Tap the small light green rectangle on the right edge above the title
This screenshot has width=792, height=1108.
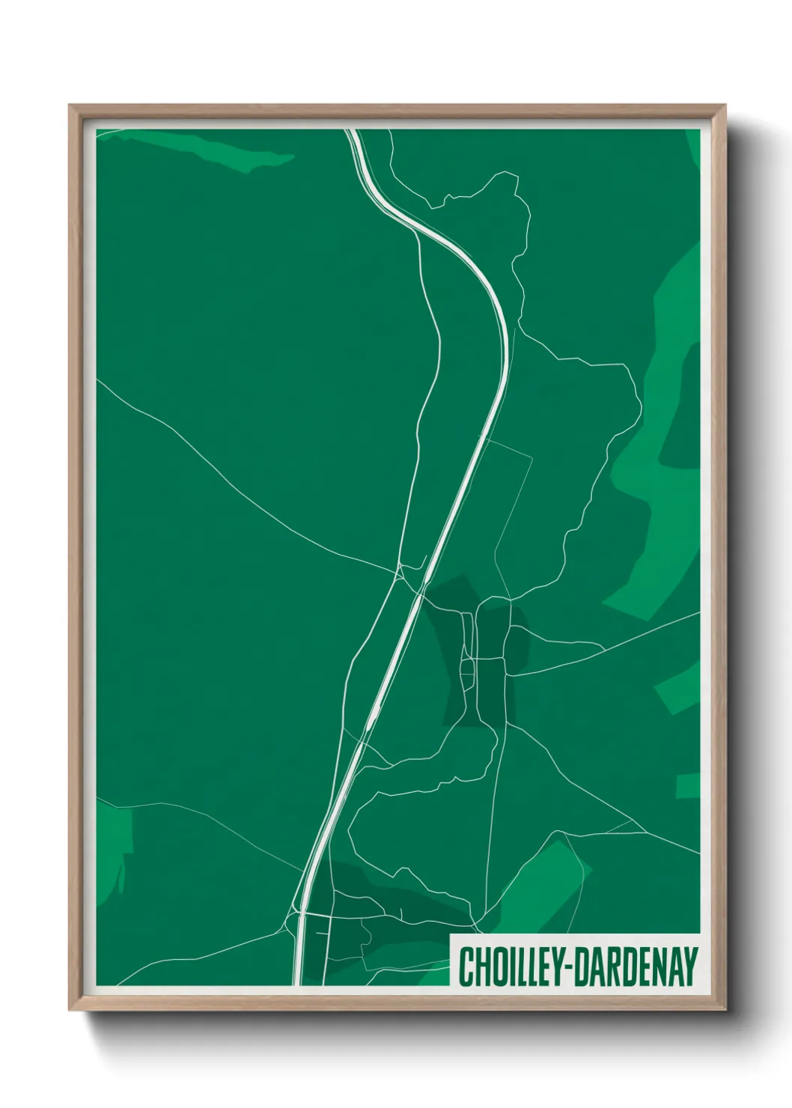[x=688, y=787]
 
